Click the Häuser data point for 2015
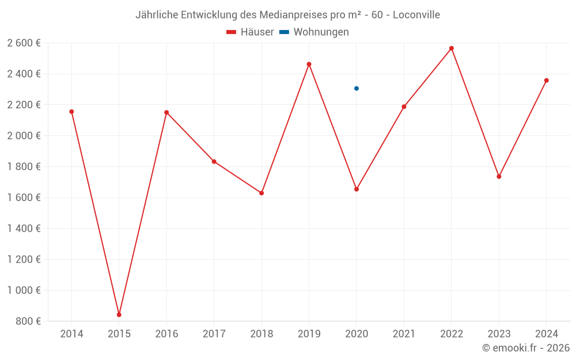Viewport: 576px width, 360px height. (x=119, y=314)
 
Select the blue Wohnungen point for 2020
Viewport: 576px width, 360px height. (x=357, y=88)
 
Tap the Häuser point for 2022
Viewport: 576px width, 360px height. (x=452, y=48)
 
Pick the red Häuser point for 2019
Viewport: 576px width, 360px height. (x=309, y=65)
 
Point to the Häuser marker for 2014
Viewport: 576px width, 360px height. (x=71, y=112)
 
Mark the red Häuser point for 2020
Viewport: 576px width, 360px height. (x=357, y=189)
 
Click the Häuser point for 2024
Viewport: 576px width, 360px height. (x=546, y=81)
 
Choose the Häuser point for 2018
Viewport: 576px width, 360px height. (x=262, y=193)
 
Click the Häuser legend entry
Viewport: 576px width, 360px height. (x=250, y=32)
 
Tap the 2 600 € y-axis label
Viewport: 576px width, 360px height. (x=24, y=43)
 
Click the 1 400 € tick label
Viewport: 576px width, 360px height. (x=24, y=229)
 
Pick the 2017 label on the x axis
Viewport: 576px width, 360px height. (x=214, y=334)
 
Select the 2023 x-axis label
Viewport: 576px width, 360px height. (x=499, y=334)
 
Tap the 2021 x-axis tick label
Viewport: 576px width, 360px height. (x=404, y=334)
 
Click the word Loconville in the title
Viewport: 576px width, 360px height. (x=416, y=15)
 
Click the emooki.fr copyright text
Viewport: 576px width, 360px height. (x=526, y=348)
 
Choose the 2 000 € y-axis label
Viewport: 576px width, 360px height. (x=24, y=136)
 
